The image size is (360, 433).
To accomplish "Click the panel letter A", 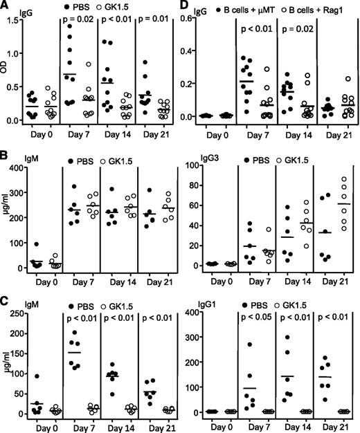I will point(6,6).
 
